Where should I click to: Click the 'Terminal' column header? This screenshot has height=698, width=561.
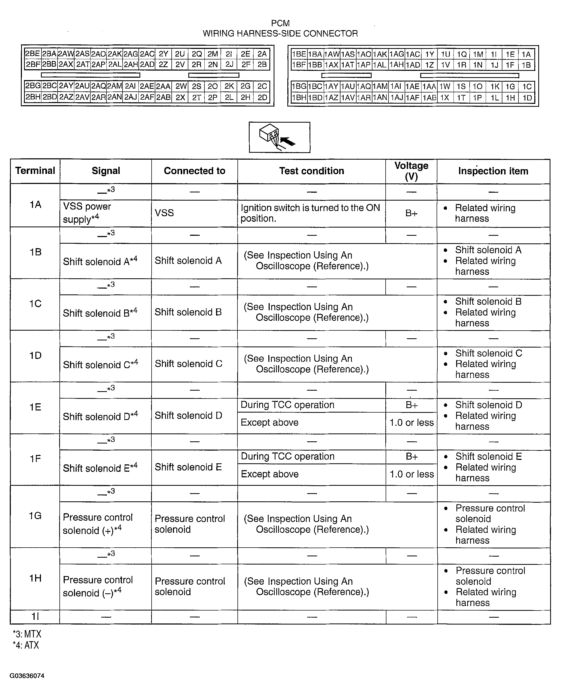pyautogui.click(x=35, y=171)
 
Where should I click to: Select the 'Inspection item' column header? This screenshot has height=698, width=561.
pyautogui.click(x=493, y=171)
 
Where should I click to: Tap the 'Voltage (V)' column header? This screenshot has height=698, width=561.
pyautogui.click(x=411, y=171)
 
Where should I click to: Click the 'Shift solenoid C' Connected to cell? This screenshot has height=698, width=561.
pyautogui.click(x=188, y=364)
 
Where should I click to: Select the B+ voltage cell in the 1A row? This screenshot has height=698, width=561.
pyautogui.click(x=411, y=213)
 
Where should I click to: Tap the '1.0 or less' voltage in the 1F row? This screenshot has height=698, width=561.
pyautogui.click(x=411, y=474)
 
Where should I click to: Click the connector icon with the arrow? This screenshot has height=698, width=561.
pyautogui.click(x=279, y=137)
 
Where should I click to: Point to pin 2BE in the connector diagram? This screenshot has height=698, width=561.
pyautogui.click(x=32, y=54)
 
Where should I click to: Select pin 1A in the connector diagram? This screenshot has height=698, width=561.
pyautogui.click(x=526, y=54)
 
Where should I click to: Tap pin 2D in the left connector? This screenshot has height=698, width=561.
pyautogui.click(x=262, y=98)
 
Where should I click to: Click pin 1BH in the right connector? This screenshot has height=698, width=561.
pyautogui.click(x=299, y=98)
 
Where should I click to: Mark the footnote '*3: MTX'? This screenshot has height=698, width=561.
pyautogui.click(x=27, y=634)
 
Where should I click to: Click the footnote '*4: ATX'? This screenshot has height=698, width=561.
pyautogui.click(x=26, y=645)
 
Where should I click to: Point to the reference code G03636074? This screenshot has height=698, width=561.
pyautogui.click(x=27, y=676)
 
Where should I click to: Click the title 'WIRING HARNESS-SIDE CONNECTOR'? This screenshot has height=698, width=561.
pyautogui.click(x=280, y=33)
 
